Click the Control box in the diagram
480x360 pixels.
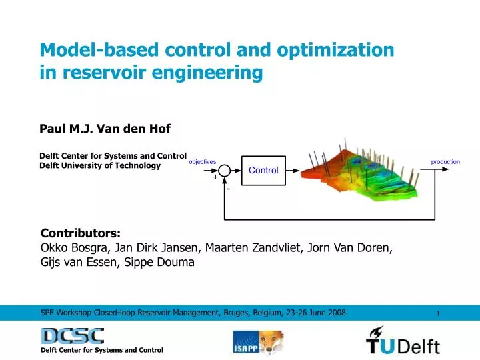tap(263, 171)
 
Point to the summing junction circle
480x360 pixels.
tap(225, 171)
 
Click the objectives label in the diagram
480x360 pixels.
tap(203, 162)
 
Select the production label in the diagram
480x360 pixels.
tap(445, 162)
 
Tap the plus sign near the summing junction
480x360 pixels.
tap(215, 178)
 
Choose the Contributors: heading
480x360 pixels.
tap(81, 233)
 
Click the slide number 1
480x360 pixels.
tap(438, 313)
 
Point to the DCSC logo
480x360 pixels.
tap(72, 335)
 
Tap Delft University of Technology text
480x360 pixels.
tap(100, 165)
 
